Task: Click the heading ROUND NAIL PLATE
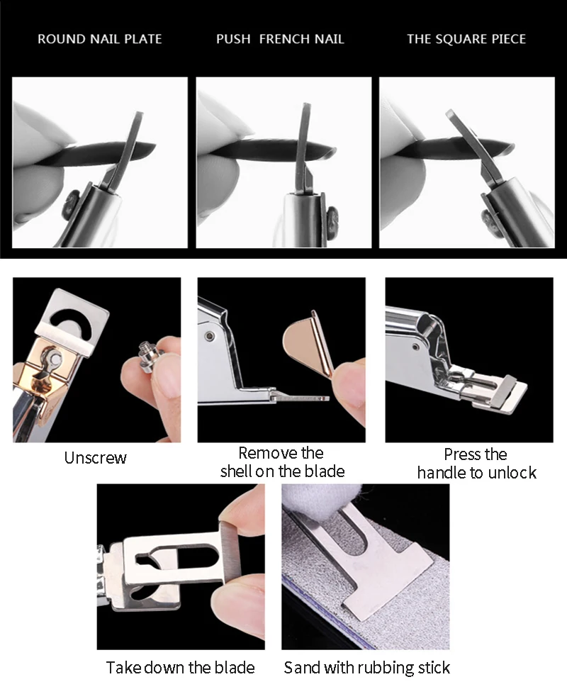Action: click(99, 38)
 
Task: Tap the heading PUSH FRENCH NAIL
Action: click(280, 38)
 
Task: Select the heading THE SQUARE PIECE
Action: click(466, 38)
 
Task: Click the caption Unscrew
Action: click(96, 458)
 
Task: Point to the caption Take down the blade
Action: click(180, 667)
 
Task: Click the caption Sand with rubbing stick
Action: click(366, 667)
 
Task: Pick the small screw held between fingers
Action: click(151, 351)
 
